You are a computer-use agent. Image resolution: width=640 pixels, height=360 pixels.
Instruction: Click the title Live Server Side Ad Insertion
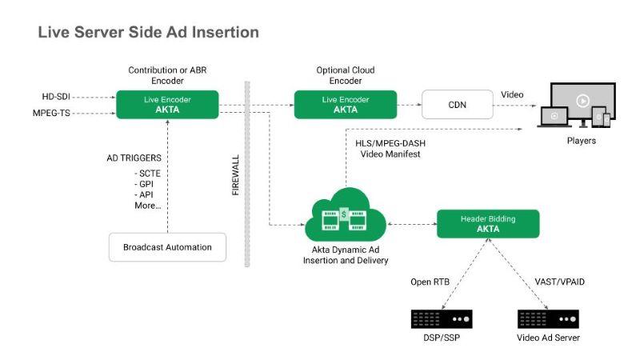pyautogui.click(x=149, y=33)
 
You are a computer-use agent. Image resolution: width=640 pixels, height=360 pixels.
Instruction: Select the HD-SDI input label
pyautogui.click(x=57, y=97)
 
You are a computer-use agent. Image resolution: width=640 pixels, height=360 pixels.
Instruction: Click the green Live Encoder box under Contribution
pyautogui.click(x=167, y=105)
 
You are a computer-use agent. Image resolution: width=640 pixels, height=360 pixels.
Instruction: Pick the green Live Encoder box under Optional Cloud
pyautogui.click(x=345, y=105)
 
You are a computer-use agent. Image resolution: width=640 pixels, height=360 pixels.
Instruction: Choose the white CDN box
pyautogui.click(x=456, y=105)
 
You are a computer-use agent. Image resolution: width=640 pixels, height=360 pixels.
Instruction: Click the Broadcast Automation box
pyautogui.click(x=167, y=247)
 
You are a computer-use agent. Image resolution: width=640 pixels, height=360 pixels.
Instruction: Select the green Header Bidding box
pyautogui.click(x=488, y=223)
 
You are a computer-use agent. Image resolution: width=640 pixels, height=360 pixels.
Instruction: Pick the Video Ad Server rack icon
pyautogui.click(x=547, y=318)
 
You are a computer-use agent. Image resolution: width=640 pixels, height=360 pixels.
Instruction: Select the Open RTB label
pyautogui.click(x=432, y=281)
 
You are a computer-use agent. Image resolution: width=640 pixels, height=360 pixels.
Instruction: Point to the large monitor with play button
pyautogui.click(x=581, y=101)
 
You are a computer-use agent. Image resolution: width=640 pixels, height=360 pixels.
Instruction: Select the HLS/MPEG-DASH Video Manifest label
pyautogui.click(x=390, y=148)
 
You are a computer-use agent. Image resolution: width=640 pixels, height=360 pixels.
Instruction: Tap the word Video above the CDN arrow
pyautogui.click(x=513, y=94)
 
